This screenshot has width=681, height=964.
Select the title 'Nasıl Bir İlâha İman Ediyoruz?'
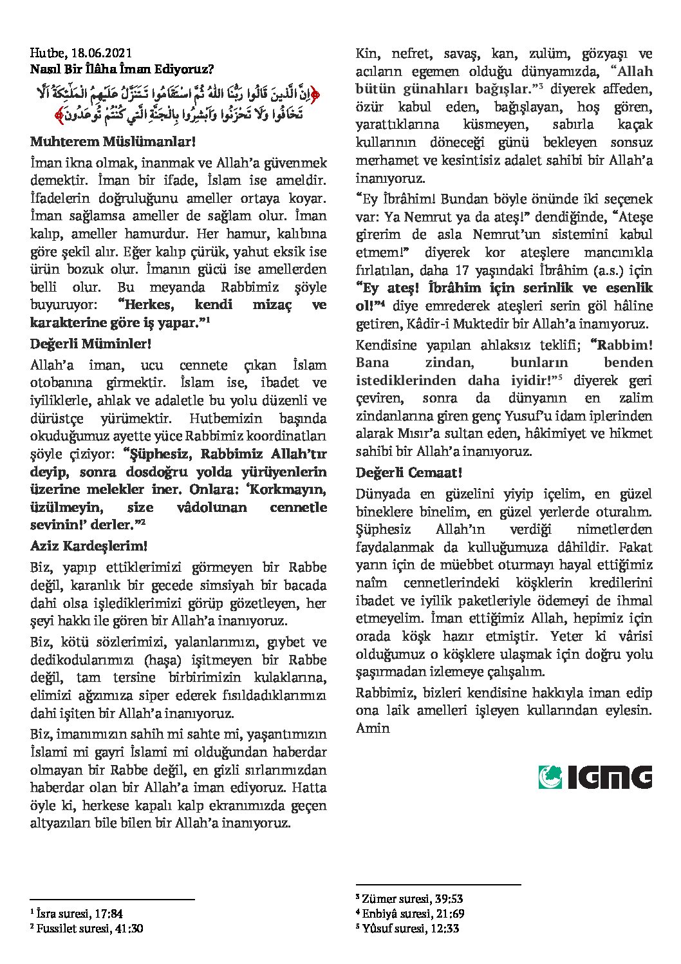pyautogui.click(x=122, y=68)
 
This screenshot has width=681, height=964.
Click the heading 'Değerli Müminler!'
pyautogui.click(x=91, y=344)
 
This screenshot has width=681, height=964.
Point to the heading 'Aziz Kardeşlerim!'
pyautogui.click(x=89, y=546)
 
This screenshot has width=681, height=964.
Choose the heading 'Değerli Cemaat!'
pyautogui.click(x=409, y=473)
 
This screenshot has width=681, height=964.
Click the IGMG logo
pyautogui.click(x=595, y=777)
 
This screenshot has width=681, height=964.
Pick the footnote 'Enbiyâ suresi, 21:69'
pyautogui.click(x=413, y=913)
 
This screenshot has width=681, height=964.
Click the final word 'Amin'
pyautogui.click(x=373, y=728)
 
